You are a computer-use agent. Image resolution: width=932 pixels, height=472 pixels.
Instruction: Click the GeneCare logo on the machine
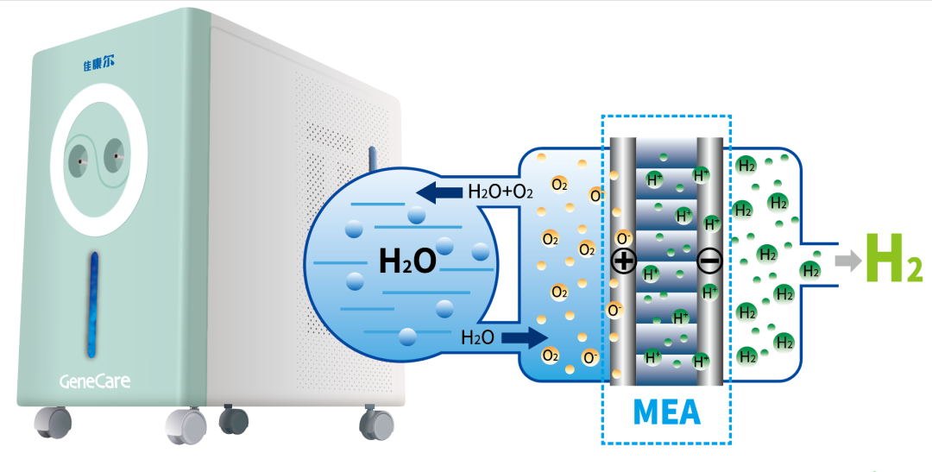95,381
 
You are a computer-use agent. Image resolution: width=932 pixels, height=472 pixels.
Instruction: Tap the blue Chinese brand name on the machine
98,63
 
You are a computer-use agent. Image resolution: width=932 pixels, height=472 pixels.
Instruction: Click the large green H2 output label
893,258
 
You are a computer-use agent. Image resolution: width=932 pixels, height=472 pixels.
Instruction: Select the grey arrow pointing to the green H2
847,261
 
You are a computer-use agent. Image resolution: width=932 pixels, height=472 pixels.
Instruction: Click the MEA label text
666,412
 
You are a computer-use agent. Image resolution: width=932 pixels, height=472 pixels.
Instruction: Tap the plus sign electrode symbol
624,261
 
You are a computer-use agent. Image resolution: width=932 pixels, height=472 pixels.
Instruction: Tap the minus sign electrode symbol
709,261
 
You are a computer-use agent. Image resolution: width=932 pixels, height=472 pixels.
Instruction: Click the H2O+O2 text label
500,192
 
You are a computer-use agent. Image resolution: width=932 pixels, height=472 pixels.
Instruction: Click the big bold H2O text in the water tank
407,261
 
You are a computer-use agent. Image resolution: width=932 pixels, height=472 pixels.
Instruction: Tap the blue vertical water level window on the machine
93,305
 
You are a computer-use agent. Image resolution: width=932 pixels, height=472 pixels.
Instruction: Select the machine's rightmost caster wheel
376,423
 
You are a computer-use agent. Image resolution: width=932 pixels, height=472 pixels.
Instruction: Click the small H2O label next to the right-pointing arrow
477,337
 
